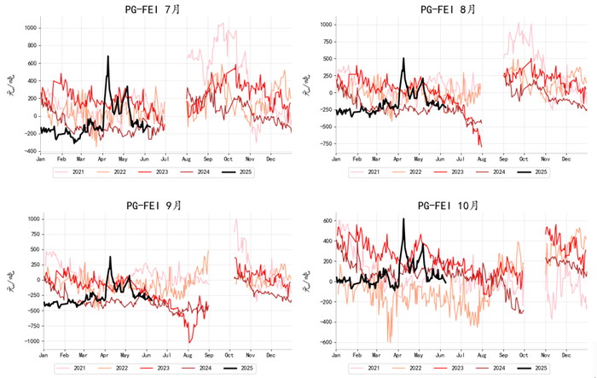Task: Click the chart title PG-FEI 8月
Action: pyautogui.click(x=453, y=9)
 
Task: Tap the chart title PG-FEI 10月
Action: pyautogui.click(x=453, y=205)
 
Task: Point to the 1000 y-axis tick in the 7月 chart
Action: pyautogui.click(x=30, y=28)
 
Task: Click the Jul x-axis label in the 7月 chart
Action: pyautogui.click(x=164, y=159)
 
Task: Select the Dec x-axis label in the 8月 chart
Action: pyautogui.click(x=566, y=159)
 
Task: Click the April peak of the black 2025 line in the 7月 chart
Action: pyautogui.click(x=108, y=57)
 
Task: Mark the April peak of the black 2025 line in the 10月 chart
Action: pyautogui.click(x=403, y=219)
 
